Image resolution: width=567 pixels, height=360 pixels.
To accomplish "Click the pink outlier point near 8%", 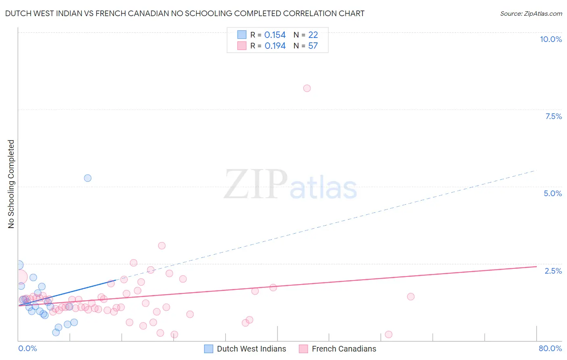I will tap(307, 88).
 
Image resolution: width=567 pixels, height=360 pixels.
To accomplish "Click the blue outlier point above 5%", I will tap(88, 178).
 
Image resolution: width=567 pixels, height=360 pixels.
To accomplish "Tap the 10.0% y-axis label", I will tap(550, 39).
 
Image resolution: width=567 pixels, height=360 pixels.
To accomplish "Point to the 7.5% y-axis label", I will tap(553, 116).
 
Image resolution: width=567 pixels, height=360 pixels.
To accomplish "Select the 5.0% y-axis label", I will tap(552, 193).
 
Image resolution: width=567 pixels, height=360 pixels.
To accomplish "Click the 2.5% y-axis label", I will tap(553, 271).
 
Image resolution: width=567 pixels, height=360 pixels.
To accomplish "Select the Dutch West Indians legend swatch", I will tap(208, 349).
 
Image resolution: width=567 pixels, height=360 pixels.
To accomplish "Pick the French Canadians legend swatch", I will tap(303, 349).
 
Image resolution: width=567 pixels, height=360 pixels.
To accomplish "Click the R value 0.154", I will tap(275, 35).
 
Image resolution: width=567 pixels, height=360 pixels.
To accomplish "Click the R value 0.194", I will tap(275, 46).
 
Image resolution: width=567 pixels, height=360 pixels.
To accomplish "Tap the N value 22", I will tap(313, 35).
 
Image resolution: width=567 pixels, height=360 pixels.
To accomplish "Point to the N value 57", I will tap(313, 46).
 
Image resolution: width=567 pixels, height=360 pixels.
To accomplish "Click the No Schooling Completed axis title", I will tap(11, 184).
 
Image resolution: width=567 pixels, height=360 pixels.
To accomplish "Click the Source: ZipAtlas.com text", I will tap(531, 14).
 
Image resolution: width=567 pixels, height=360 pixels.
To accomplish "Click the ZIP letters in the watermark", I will tap(256, 184).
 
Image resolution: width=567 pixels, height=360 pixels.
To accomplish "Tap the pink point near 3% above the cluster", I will tap(162, 246).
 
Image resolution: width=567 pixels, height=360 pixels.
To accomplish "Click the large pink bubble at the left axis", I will tap(19, 277).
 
